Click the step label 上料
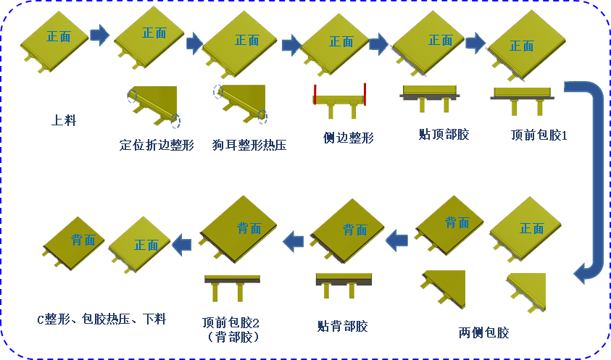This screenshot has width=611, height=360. [63, 121]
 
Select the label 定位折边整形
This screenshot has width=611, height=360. [157, 145]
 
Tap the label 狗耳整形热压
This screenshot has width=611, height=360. [249, 145]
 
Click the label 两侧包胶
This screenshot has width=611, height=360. [483, 333]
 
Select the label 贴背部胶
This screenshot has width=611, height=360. [342, 327]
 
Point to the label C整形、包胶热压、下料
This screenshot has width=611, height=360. [101, 319]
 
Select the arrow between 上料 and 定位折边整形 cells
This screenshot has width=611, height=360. [99, 34]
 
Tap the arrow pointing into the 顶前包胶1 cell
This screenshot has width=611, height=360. [475, 43]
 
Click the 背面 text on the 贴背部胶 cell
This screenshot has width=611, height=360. [354, 230]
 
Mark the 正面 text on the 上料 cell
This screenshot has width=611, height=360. [59, 36]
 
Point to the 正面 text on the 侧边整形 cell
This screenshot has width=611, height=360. [341, 41]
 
